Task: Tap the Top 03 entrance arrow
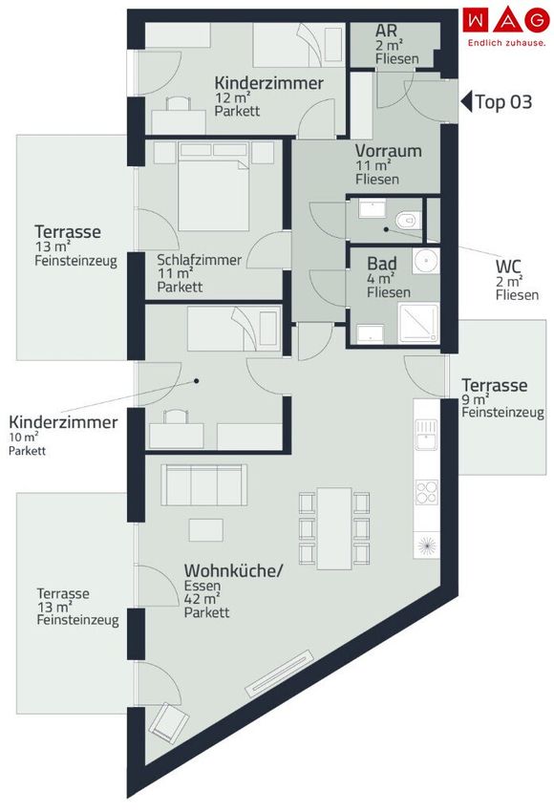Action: [466, 101]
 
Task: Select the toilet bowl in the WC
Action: [408, 220]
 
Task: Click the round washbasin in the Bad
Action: [426, 261]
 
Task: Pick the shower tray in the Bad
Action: [418, 323]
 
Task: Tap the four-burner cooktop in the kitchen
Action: [427, 492]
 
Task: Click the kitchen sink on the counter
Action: [426, 435]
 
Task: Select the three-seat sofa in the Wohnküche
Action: [203, 485]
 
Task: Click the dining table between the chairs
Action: [334, 528]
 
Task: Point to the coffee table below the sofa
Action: [206, 531]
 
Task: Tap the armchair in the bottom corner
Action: [168, 724]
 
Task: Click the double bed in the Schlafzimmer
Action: [213, 187]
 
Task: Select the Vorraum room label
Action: [389, 151]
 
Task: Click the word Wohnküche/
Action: [234, 571]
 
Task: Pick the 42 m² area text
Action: [202, 599]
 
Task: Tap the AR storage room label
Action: [386, 31]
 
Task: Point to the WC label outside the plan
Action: [509, 267]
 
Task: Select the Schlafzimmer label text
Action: [200, 260]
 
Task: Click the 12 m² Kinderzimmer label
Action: [268, 96]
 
